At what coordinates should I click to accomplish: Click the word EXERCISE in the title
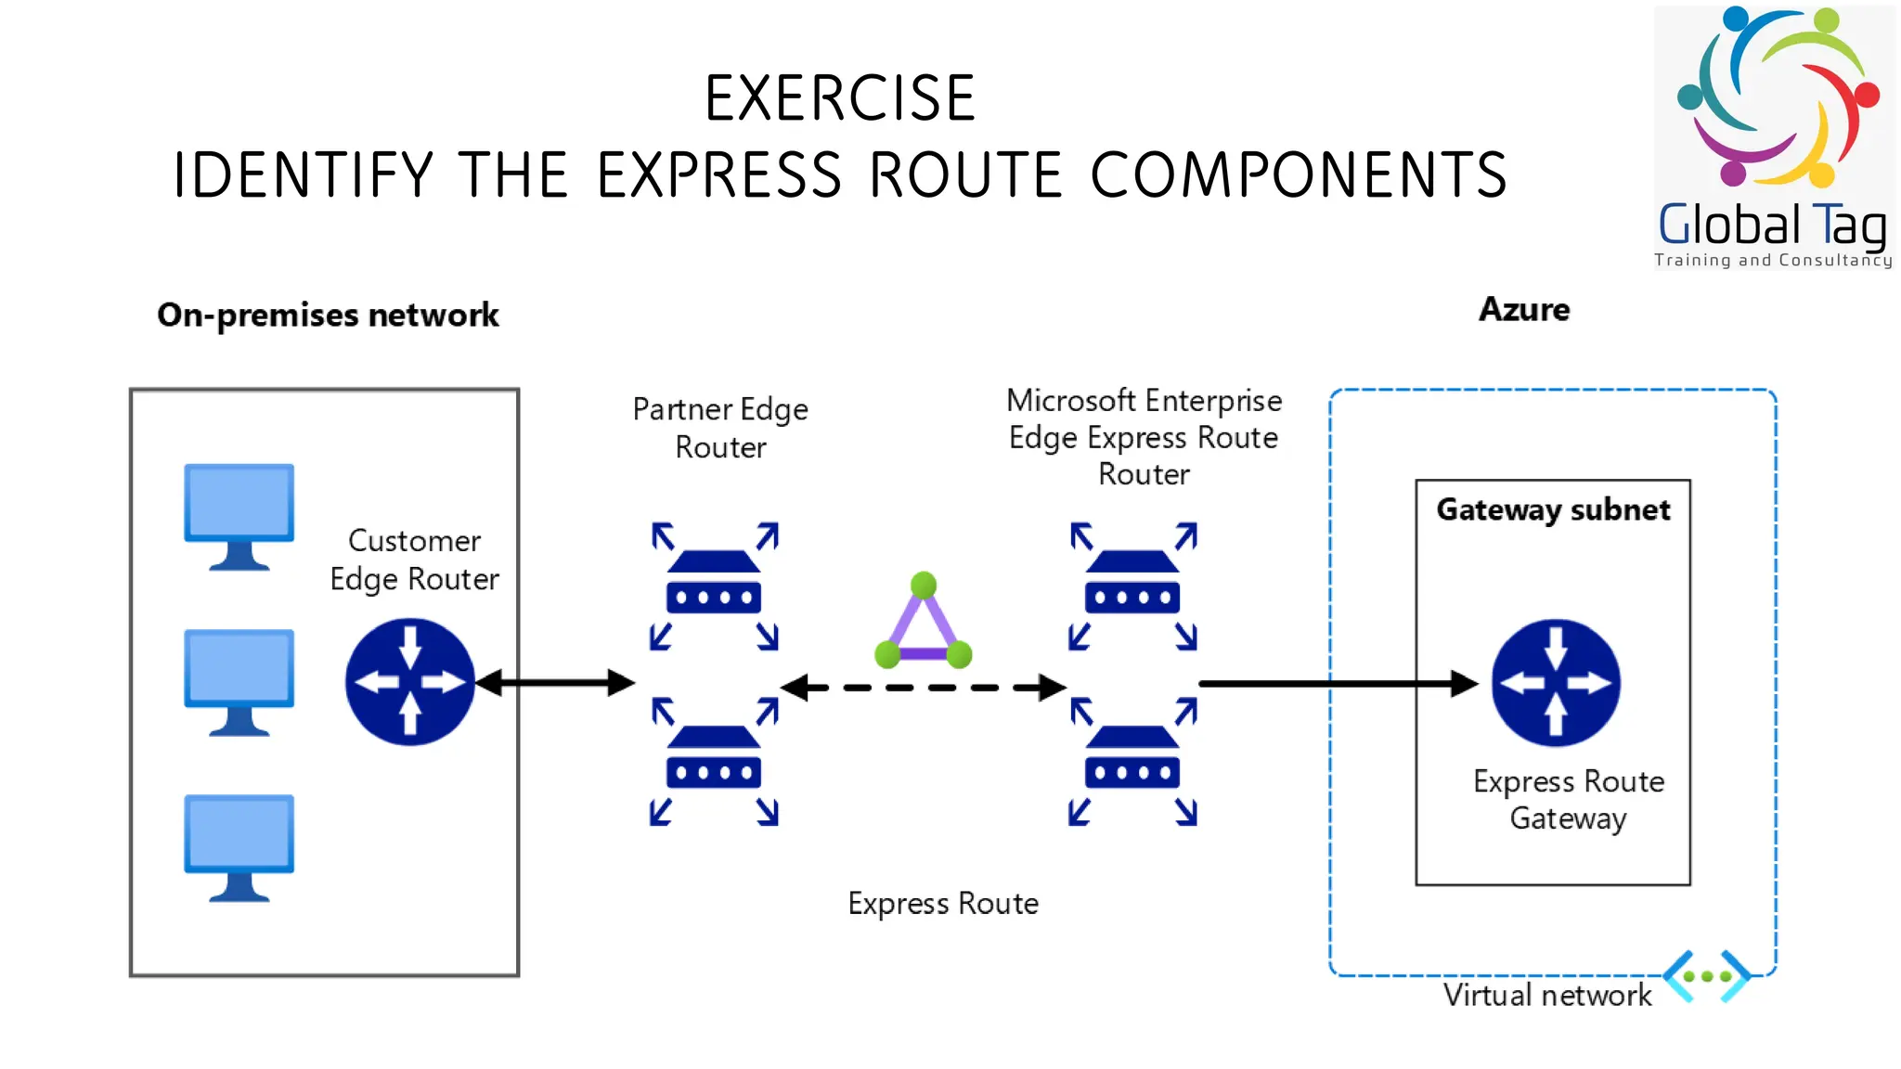coord(840,98)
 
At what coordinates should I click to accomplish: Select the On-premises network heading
coord(328,315)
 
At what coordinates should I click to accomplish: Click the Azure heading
coord(1524,309)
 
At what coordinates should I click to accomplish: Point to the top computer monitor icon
coord(239,514)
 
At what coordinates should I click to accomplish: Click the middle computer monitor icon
coord(239,680)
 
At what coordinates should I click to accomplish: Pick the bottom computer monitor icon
coord(239,845)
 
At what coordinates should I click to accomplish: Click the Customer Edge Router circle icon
coord(409,683)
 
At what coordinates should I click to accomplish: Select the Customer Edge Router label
coord(414,560)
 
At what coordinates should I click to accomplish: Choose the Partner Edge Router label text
coord(720,428)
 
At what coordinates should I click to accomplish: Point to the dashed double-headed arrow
coord(923,688)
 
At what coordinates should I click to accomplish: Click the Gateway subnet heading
coord(1553,509)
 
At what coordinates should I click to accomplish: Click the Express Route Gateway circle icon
coord(1556,683)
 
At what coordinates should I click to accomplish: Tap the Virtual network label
coord(1547,995)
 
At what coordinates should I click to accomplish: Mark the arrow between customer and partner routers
coord(555,683)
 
